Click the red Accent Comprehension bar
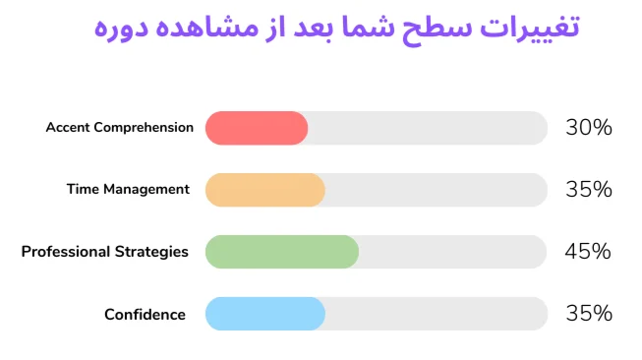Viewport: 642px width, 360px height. [x=256, y=128]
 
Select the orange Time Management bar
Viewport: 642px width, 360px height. [x=264, y=190]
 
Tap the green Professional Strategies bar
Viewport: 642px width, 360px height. [x=281, y=252]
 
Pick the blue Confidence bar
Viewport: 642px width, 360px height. [x=264, y=315]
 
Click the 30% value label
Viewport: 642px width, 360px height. [x=588, y=128]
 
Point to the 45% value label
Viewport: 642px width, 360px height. [x=588, y=252]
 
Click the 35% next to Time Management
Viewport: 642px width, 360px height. [x=588, y=190]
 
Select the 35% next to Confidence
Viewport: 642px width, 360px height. [x=588, y=315]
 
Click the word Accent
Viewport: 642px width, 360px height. [x=67, y=128]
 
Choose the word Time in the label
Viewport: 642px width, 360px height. [x=82, y=190]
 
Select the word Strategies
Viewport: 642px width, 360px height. [x=148, y=252]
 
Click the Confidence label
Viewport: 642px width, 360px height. [x=145, y=315]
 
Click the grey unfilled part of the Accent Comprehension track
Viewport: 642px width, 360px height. [x=428, y=128]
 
